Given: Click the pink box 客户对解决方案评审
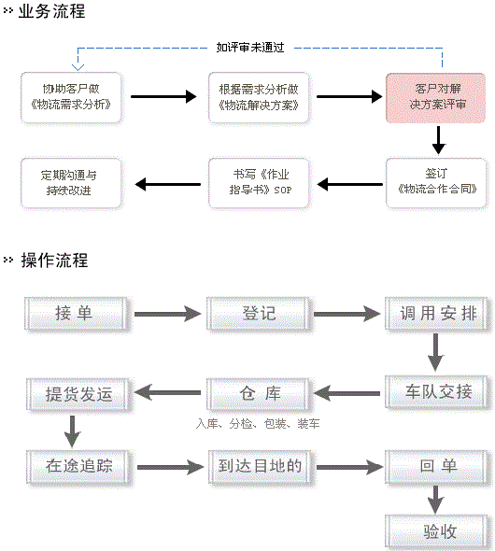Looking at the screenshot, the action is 435,98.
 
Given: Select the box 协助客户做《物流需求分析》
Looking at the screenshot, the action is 71,98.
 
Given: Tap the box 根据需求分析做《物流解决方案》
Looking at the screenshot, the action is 259,98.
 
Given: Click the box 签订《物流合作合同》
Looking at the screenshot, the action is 436,183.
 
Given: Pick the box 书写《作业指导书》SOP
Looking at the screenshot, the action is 259,183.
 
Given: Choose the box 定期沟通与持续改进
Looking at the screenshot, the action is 71,183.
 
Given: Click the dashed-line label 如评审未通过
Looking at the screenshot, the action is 250,47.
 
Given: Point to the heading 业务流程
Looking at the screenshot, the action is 51,11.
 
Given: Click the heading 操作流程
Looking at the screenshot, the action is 54,260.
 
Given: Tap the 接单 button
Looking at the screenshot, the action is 77,314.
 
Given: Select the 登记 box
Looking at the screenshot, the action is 259,314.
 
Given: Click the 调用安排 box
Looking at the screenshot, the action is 438,314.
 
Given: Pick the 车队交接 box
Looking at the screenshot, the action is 438,392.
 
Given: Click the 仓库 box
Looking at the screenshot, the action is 259,393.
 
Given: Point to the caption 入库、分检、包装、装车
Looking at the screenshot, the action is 258,424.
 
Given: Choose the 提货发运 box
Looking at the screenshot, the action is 78,394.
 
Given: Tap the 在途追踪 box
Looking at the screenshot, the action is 79,466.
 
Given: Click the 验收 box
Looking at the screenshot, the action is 439,531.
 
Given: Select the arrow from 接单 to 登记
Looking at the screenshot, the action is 167,314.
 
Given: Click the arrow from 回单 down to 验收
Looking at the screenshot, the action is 435,500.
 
